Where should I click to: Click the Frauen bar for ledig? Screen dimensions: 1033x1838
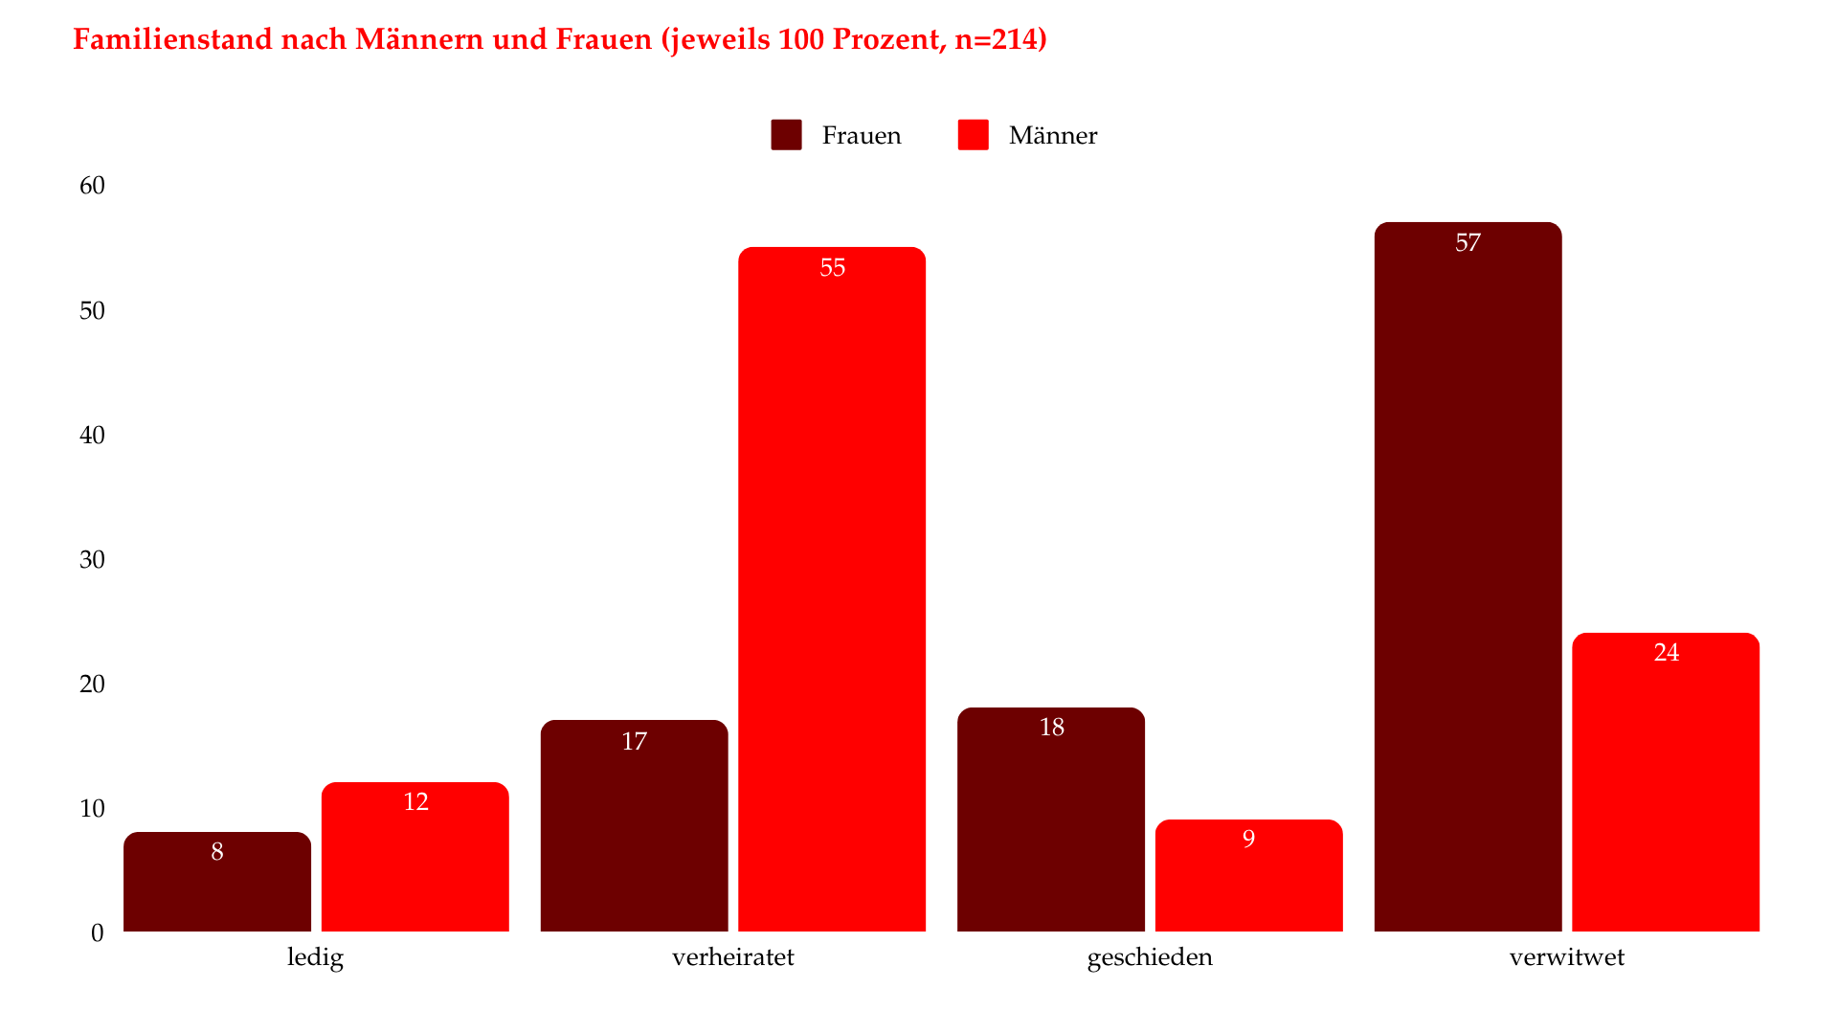tap(217, 882)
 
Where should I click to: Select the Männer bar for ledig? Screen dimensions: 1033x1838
tap(415, 857)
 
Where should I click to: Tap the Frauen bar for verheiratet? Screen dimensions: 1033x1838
tap(634, 825)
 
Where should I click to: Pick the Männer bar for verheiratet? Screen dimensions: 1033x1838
tap(832, 589)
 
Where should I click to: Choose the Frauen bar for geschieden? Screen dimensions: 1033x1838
tap(1051, 820)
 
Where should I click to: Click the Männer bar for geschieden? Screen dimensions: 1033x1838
tap(1248, 875)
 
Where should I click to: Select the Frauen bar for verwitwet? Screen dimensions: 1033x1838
tap(1468, 576)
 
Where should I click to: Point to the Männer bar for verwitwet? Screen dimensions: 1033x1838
tap(1666, 782)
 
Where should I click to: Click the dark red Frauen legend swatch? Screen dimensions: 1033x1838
tap(786, 135)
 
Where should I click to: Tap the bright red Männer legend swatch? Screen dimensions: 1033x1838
tap(973, 135)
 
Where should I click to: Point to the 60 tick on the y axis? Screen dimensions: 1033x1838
tap(92, 186)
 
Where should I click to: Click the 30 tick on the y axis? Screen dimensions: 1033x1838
tap(92, 559)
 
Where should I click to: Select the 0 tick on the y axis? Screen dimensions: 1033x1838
tap(97, 932)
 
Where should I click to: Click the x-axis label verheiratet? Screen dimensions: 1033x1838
tap(732, 957)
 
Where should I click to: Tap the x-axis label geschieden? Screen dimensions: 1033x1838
tap(1150, 957)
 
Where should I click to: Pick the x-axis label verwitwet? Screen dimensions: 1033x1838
tap(1566, 957)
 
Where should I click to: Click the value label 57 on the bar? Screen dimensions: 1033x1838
tap(1468, 243)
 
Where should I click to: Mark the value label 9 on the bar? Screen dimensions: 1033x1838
tap(1248, 840)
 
